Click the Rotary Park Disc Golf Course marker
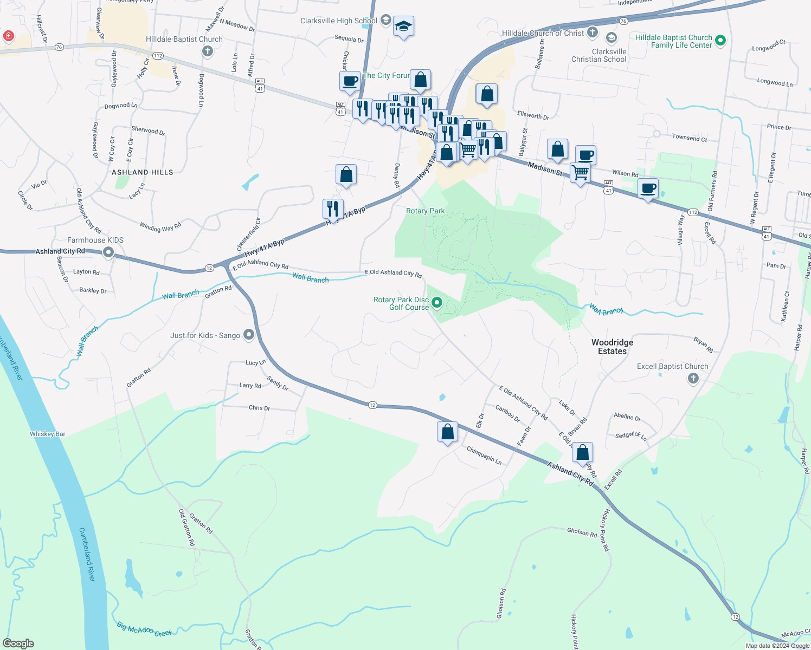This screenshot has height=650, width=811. tap(437, 302)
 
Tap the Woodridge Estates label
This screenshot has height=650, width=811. tap(612, 347)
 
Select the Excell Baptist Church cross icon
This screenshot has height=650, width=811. tap(693, 379)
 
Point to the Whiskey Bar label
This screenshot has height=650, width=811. tap(48, 434)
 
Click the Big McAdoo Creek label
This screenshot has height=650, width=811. tap(144, 629)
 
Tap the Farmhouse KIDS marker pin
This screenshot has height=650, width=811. tap(108, 252)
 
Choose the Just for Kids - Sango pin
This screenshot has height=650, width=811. tap(249, 335)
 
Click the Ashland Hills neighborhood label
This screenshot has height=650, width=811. tap(143, 172)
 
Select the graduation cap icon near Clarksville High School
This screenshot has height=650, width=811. tap(403, 26)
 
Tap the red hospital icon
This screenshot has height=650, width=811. tap(9, 36)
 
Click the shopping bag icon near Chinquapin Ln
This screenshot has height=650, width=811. tap(447, 432)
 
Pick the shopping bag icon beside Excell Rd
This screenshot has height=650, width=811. tap(582, 452)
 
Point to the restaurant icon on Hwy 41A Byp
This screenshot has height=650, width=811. tap(333, 209)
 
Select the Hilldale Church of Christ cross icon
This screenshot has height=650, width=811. tap(593, 32)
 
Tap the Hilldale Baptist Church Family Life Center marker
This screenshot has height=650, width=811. tap(720, 40)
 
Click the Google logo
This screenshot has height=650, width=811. tap(18, 643)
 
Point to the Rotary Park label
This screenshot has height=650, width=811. tap(425, 211)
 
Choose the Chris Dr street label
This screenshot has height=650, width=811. tap(259, 408)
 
